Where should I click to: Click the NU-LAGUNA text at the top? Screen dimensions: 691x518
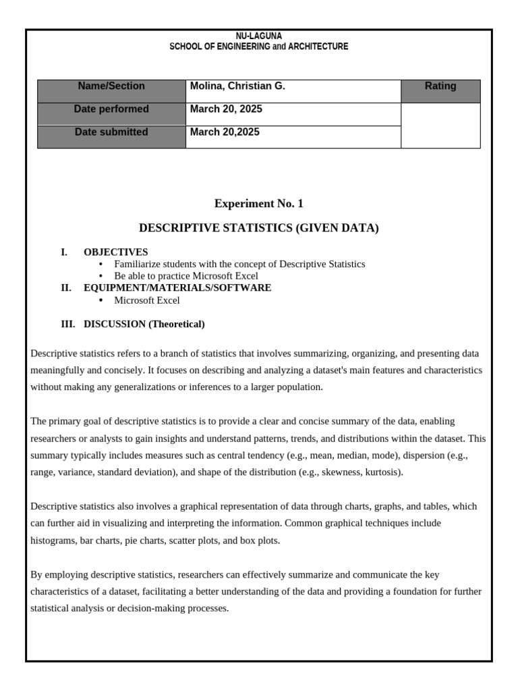click(x=258, y=36)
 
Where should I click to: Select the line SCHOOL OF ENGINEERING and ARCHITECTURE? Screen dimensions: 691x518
click(x=258, y=47)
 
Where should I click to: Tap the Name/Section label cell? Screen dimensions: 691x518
click(x=111, y=86)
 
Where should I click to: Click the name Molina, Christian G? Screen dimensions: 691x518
click(x=237, y=86)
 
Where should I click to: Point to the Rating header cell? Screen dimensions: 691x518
click(x=440, y=86)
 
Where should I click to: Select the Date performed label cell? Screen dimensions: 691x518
click(x=111, y=109)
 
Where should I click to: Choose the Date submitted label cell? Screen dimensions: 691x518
click(x=111, y=132)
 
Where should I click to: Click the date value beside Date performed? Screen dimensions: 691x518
click(x=226, y=109)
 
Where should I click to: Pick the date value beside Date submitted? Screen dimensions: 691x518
click(x=225, y=132)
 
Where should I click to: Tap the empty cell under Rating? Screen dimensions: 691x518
click(x=440, y=126)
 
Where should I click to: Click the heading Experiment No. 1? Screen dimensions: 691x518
click(x=258, y=204)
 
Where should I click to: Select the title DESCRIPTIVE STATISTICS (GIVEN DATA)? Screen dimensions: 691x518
click(x=258, y=228)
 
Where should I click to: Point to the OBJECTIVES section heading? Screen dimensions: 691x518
click(x=115, y=252)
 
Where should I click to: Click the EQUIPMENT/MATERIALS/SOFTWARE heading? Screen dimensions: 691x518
click(x=177, y=288)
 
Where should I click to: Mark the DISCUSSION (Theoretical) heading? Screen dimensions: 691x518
click(x=144, y=325)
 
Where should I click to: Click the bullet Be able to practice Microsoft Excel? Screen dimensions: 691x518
click(x=186, y=276)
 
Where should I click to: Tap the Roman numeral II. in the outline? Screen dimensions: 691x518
click(x=66, y=288)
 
